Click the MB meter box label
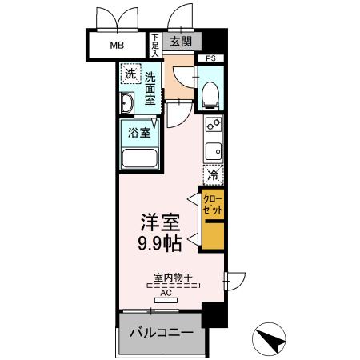point(117,44)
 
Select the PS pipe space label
point(211,58)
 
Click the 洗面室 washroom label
point(151,88)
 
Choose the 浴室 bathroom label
point(140,133)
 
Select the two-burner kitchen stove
point(213,125)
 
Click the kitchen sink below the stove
point(213,150)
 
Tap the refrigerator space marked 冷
point(213,174)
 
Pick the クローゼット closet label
point(212,204)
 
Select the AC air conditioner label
point(166,293)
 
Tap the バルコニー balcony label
point(161,332)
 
